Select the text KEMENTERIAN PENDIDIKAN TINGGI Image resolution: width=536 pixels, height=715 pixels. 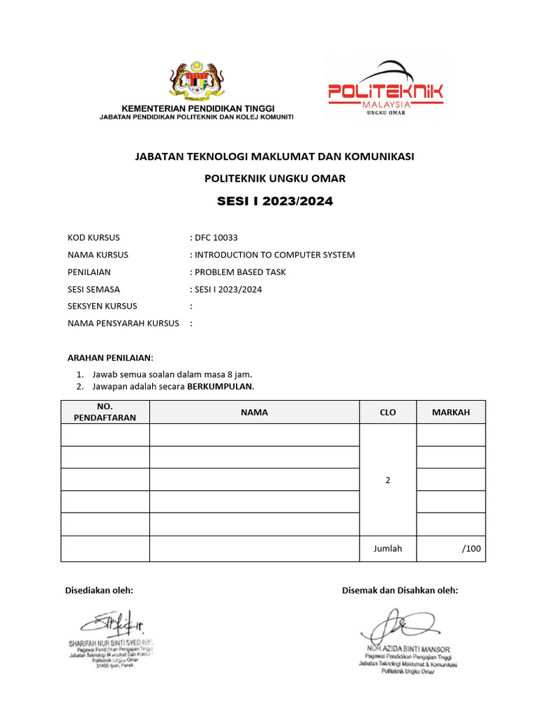[199, 108]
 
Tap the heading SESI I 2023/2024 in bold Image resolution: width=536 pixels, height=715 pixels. [275, 202]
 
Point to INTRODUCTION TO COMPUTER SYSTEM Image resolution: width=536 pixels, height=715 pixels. [274, 255]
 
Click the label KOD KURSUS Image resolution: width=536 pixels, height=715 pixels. [94, 237]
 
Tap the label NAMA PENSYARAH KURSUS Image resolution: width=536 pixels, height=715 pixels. [124, 323]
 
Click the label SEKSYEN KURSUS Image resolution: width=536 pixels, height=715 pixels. [102, 306]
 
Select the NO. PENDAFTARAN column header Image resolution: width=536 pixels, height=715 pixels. [105, 412]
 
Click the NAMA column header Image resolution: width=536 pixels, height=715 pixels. [254, 412]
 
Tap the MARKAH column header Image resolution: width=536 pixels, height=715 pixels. [450, 412]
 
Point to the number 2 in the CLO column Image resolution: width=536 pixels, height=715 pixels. [387, 480]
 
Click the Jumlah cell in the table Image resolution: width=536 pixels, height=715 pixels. [387, 548]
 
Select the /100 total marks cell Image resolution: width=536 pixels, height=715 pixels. [471, 548]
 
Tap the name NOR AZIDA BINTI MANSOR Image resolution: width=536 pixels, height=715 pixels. [406, 649]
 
